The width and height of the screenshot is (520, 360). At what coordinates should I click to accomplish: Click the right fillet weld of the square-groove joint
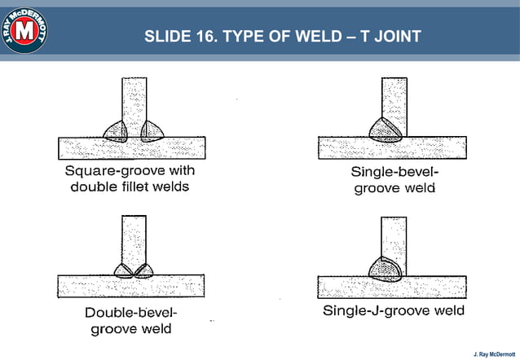click(152, 131)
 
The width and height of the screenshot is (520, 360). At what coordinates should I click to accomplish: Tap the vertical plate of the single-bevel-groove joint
click(394, 98)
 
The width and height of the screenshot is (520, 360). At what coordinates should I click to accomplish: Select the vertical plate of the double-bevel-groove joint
click(134, 239)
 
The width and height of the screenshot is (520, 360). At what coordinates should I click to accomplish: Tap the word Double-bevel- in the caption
click(130, 313)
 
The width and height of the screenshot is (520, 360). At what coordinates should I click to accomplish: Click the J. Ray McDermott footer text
click(494, 352)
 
